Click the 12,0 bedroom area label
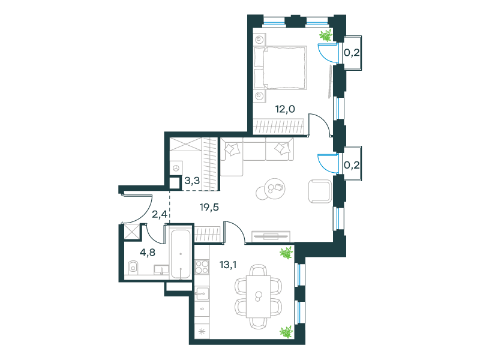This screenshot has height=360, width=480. [285, 109]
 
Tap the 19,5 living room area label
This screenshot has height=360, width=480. [209, 208]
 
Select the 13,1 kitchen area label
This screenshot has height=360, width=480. [228, 265]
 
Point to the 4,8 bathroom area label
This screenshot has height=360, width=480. [147, 253]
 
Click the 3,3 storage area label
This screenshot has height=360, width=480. [192, 181]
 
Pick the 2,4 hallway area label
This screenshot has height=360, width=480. [160, 214]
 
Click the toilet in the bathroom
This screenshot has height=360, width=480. [133, 268]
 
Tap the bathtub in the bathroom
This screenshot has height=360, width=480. [181, 254]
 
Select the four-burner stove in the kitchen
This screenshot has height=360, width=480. [202, 266]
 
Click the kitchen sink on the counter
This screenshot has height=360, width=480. [202, 295]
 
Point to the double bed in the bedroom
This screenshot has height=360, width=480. [280, 68]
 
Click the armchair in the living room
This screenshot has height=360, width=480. [320, 191]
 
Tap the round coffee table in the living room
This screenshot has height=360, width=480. [271, 189]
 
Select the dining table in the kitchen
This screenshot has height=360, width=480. [259, 296]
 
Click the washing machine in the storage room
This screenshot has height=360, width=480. [176, 168]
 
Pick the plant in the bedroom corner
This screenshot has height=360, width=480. [326, 35]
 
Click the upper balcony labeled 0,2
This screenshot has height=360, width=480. [352, 53]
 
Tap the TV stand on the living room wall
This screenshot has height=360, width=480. [271, 236]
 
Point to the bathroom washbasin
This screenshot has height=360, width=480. [161, 269]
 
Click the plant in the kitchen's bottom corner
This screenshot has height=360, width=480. [287, 332]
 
